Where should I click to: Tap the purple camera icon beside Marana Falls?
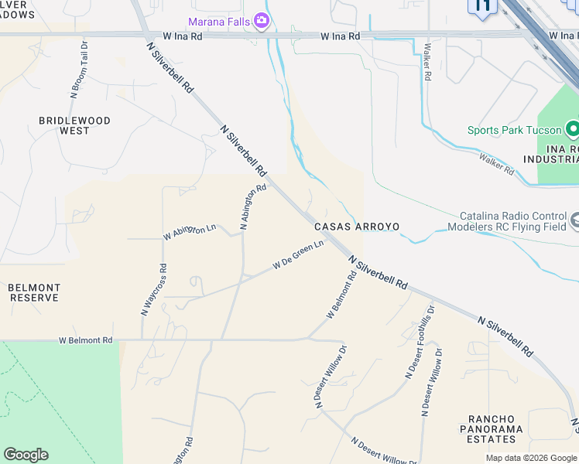pos(262,20)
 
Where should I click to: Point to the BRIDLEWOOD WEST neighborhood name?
pos(74,126)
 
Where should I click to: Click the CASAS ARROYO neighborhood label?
pos(357,227)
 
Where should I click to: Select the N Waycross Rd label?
pos(153,289)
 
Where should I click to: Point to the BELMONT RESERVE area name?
pos(34,292)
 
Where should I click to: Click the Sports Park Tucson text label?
pos(513,130)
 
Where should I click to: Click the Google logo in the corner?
pos(26,455)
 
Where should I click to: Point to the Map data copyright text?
pos(530,458)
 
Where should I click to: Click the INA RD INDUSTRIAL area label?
pos(550,154)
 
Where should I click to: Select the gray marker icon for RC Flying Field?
pos(574,222)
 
